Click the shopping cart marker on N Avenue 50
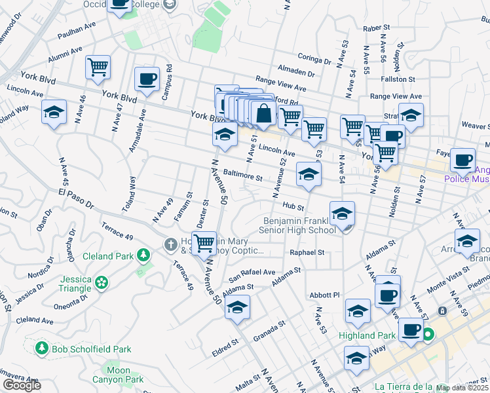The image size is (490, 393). coord(204,244)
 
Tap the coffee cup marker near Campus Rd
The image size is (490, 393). coord(147,79)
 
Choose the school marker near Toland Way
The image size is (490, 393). coord(54,112)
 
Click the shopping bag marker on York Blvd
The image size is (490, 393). coord(263,113)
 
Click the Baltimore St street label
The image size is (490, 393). coord(242,177)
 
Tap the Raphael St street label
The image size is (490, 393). coord(308,252)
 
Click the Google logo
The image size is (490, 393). coord(22,386)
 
